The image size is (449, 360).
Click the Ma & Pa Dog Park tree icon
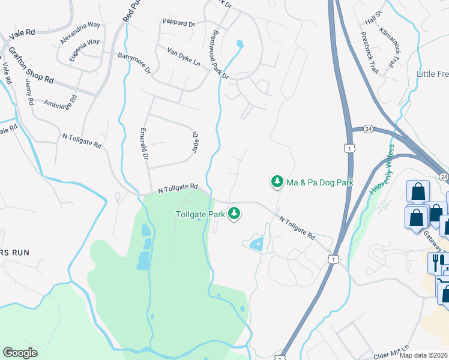pyautogui.click(x=277, y=181)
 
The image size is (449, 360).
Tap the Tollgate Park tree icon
pyautogui.click(x=235, y=213)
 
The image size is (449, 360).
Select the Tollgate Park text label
pyautogui.click(x=200, y=214)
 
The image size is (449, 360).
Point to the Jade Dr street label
pyautogui.click(x=194, y=142)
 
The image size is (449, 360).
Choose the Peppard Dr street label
pyautogui.click(x=179, y=23)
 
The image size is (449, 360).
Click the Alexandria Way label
pyautogui.click(x=80, y=32)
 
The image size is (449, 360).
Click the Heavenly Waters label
pyautogui.click(x=385, y=170)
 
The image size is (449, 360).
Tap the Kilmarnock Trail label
pyautogui.click(x=390, y=49)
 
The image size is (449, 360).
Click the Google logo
pyautogui.click(x=20, y=353)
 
